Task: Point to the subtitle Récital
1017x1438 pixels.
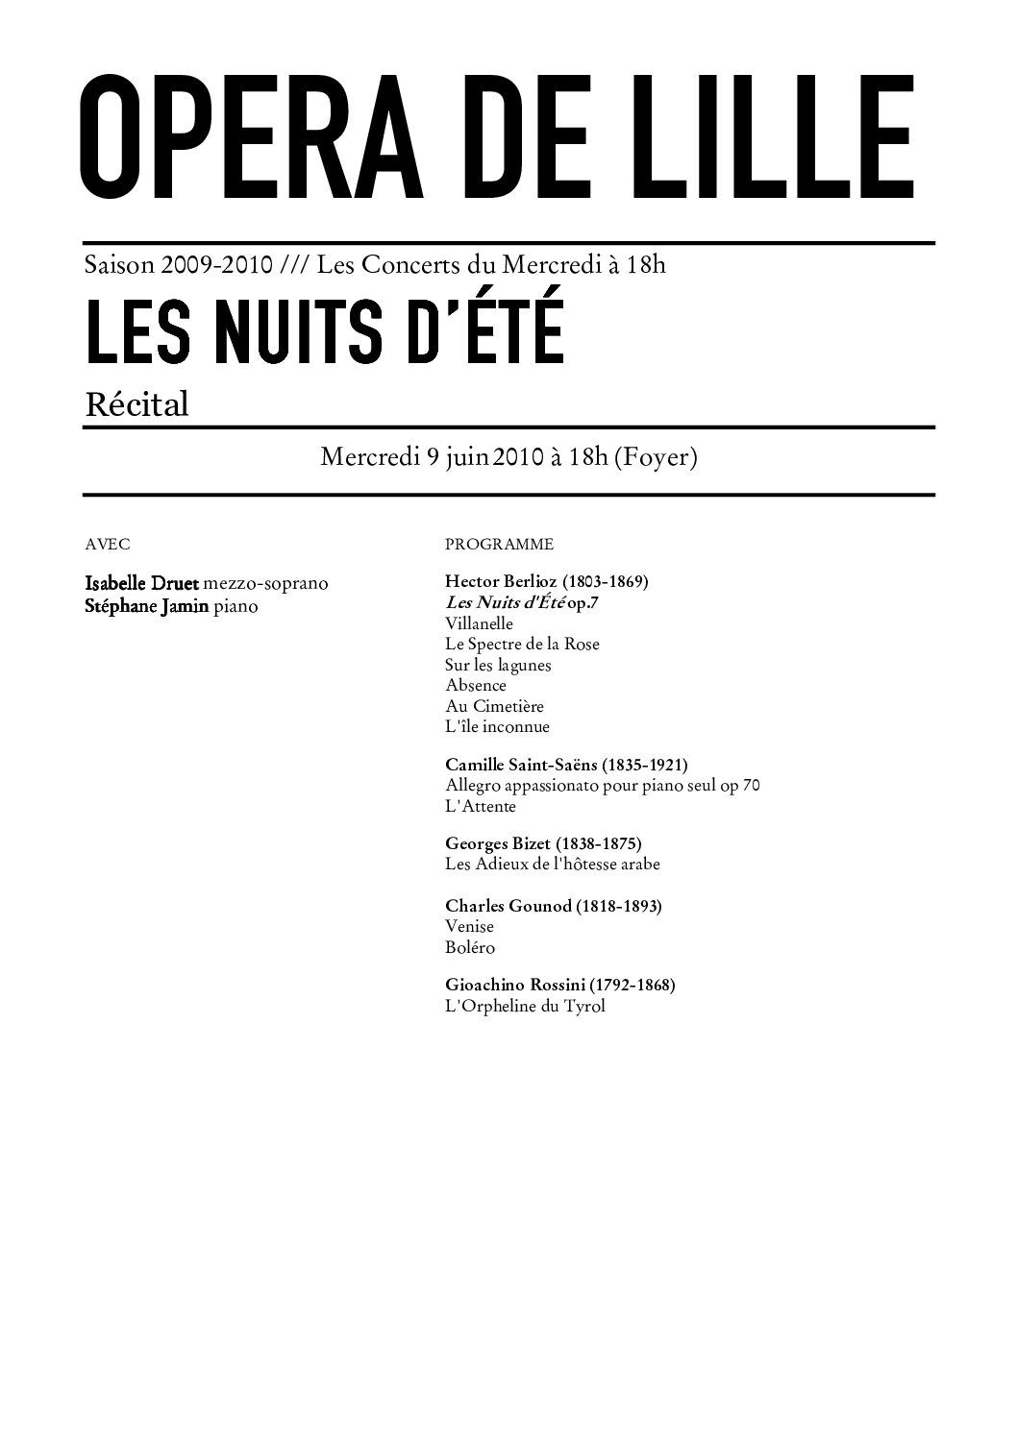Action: (x=136, y=404)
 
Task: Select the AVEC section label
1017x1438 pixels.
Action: (x=108, y=544)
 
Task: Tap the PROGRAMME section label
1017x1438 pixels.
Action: (x=499, y=545)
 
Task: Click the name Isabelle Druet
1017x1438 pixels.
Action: (x=141, y=583)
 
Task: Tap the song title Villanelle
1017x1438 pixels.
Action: (x=479, y=623)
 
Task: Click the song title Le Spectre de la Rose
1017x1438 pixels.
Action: (x=522, y=644)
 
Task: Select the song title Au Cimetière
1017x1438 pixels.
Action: (x=489, y=706)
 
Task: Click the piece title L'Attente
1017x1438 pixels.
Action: (x=481, y=807)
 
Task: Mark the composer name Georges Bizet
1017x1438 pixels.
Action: (x=498, y=843)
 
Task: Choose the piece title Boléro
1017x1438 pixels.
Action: (x=470, y=947)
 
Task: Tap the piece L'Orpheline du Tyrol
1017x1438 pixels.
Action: (x=525, y=1007)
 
